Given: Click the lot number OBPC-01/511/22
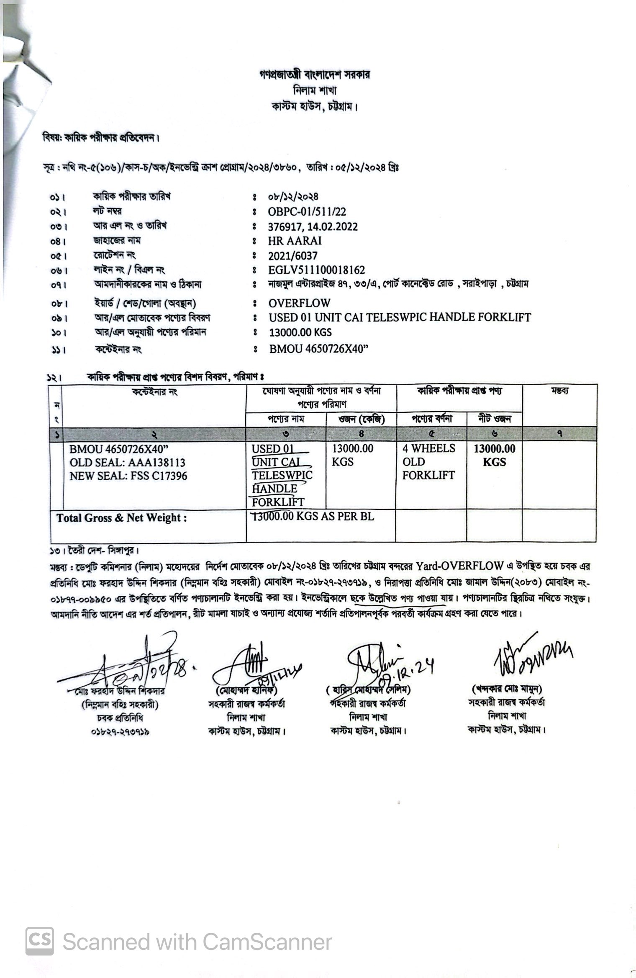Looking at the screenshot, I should [307, 212].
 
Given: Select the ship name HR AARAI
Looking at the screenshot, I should [295, 241].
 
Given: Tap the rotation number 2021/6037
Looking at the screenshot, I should [292, 256].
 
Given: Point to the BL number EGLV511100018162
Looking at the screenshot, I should [316, 270].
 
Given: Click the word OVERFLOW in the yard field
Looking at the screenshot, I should [299, 303].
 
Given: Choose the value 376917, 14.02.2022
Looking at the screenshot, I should [313, 226].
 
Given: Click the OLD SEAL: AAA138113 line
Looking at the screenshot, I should [127, 463].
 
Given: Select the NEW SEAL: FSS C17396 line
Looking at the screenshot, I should [128, 476].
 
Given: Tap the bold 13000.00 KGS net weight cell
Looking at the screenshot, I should [495, 456].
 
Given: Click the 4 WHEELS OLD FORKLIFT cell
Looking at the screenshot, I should [429, 462].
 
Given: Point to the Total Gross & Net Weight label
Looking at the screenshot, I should [122, 518].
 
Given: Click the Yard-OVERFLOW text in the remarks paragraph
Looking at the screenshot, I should [459, 566].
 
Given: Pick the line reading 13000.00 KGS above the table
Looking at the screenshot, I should [300, 332].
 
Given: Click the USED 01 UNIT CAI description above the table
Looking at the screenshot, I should [400, 317].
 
